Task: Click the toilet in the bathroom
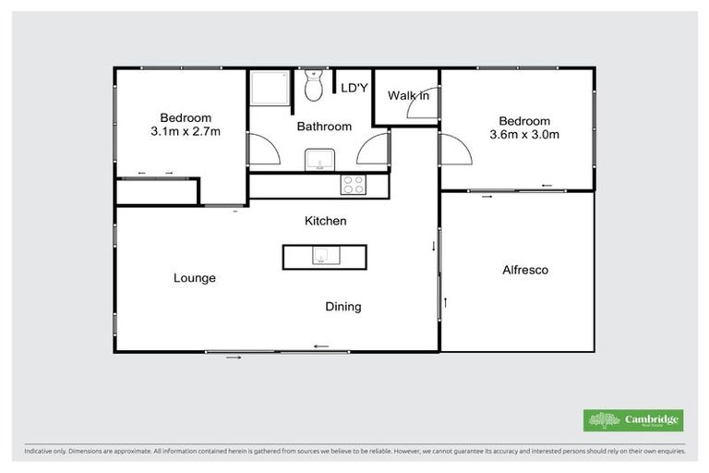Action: click(x=314, y=88)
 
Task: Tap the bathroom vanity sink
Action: click(x=319, y=162)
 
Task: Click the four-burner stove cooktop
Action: click(x=354, y=184)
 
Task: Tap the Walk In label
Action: click(x=407, y=95)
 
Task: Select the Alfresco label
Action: click(x=525, y=271)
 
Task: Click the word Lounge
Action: click(x=194, y=278)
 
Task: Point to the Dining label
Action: click(x=342, y=307)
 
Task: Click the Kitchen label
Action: click(x=326, y=222)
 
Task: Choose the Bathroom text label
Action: click(x=323, y=127)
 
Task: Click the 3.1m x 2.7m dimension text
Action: click(x=186, y=132)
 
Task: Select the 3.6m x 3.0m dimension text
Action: click(x=524, y=135)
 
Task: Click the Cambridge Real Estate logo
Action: click(x=633, y=420)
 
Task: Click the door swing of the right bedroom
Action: click(x=454, y=149)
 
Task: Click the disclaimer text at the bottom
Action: click(x=354, y=453)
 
